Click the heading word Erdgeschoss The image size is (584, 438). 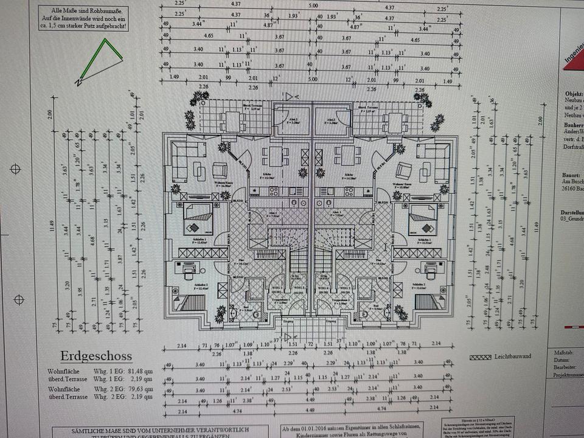coord(96,356)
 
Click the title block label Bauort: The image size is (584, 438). coord(572,175)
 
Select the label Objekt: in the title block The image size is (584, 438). coord(574,94)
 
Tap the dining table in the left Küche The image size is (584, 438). coord(276,156)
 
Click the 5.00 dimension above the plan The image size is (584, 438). coord(313,5)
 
